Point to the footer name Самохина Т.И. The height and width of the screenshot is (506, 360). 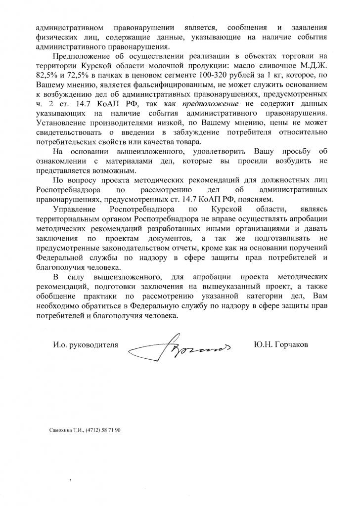(x=66, y=430)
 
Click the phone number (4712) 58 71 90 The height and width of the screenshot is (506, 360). (x=103, y=430)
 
